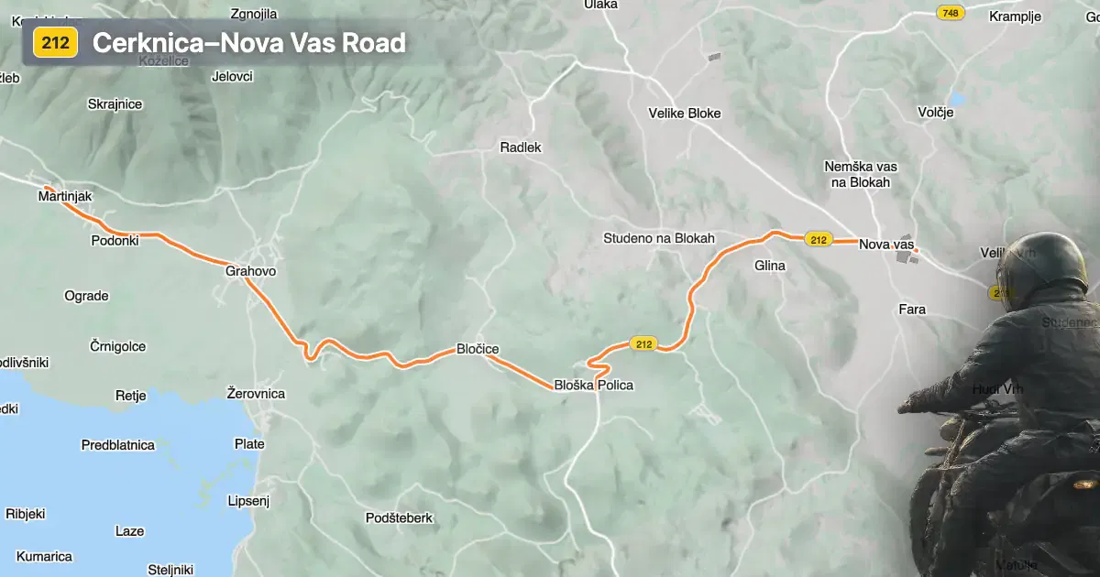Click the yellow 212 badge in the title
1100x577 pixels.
point(56,43)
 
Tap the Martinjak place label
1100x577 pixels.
point(65,196)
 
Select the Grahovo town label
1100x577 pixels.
point(250,271)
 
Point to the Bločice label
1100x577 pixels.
point(478,349)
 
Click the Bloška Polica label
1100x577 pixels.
point(593,385)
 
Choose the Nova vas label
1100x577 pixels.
point(886,245)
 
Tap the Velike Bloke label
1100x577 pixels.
point(685,114)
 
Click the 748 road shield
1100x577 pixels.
point(951,13)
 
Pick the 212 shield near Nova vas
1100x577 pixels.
point(819,240)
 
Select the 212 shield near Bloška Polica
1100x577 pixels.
point(643,344)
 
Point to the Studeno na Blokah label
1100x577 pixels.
point(658,238)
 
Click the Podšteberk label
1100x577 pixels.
point(399,517)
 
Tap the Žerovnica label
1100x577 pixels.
point(256,394)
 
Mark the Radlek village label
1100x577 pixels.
point(521,147)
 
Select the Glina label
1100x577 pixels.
point(769,266)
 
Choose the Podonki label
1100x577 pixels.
point(115,240)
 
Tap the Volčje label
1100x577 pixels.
point(936,113)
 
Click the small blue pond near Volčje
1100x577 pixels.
point(958,98)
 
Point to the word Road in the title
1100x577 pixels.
point(374,43)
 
